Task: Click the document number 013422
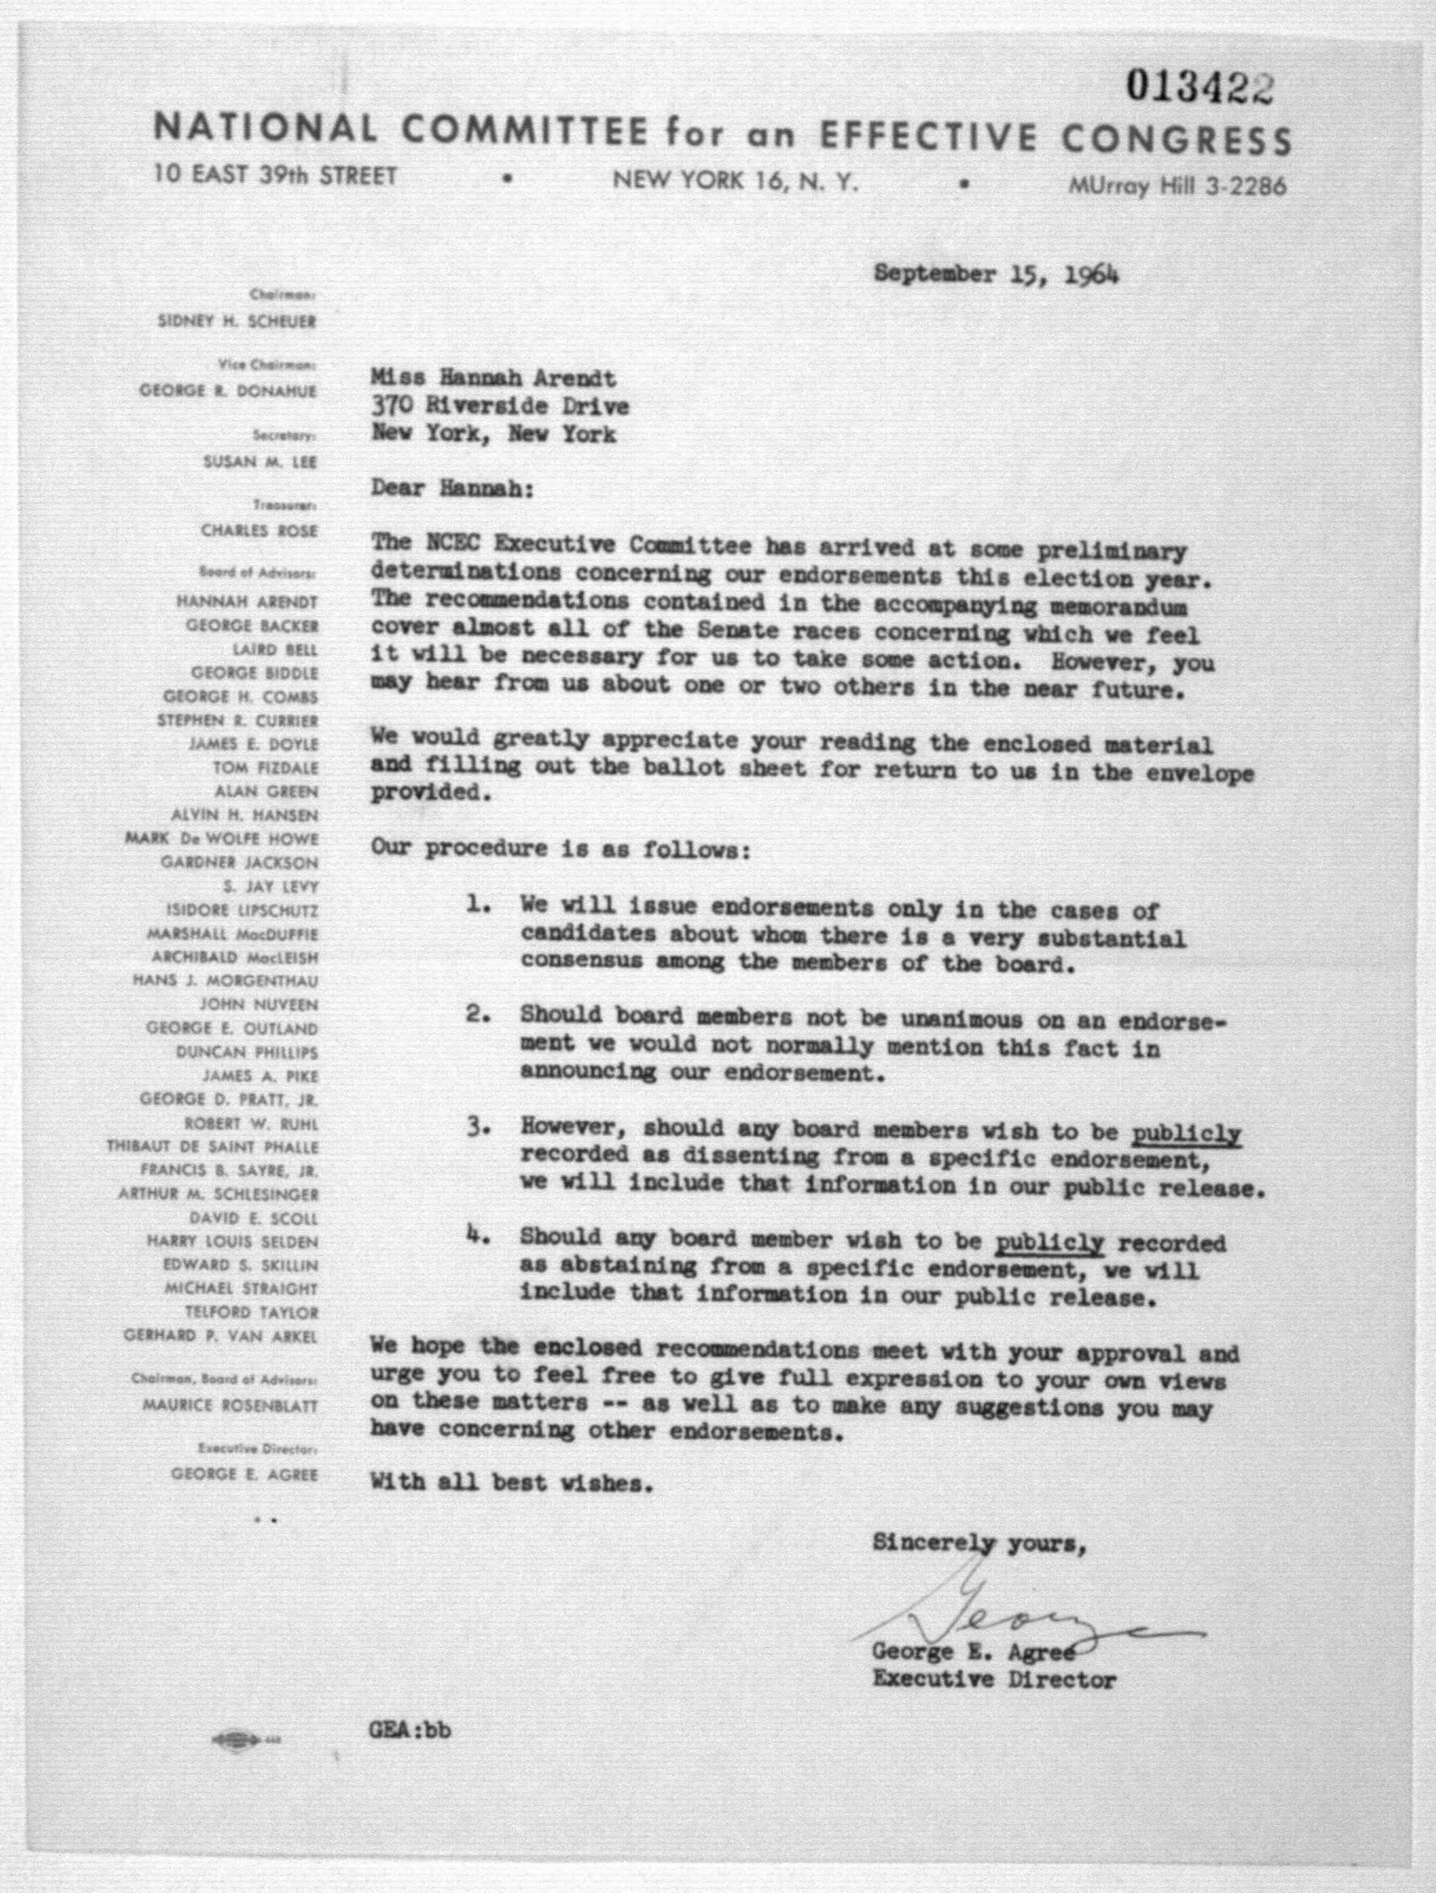[1198, 87]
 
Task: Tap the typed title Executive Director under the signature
[994, 1679]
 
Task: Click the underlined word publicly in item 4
[1049, 1242]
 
